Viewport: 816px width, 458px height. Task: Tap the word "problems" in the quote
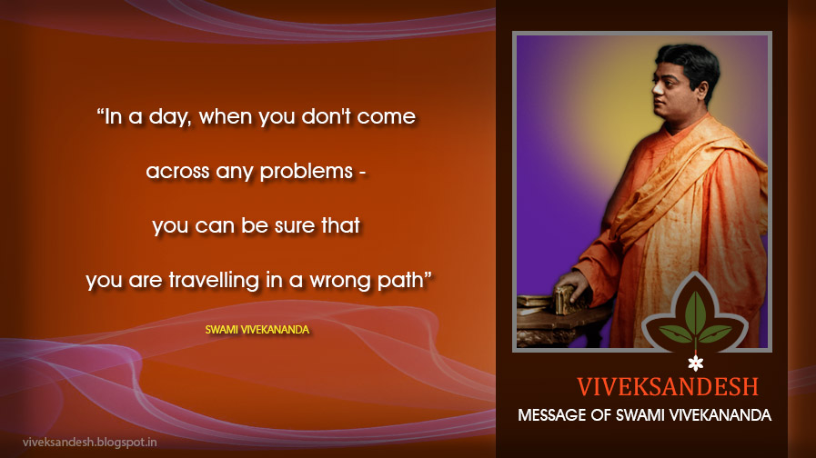307,172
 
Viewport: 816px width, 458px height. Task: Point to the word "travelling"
214,281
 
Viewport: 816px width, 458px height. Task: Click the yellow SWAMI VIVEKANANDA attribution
257,330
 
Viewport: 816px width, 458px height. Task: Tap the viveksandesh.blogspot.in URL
89,443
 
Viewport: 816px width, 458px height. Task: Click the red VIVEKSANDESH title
668,387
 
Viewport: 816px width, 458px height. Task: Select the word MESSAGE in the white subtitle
551,415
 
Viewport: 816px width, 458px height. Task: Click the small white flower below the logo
695,363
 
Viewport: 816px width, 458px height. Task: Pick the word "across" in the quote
177,172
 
